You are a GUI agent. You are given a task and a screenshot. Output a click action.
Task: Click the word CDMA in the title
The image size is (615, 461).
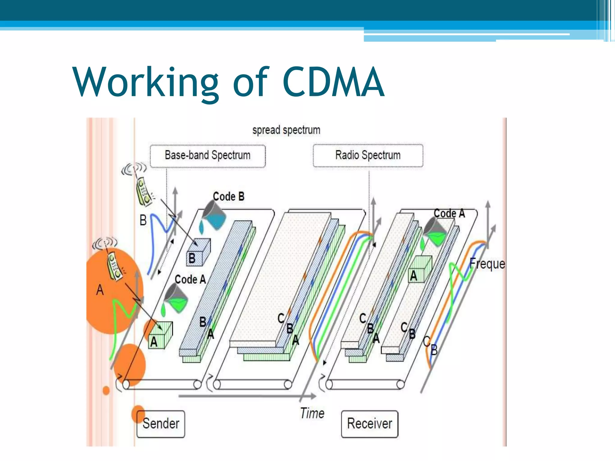click(333, 82)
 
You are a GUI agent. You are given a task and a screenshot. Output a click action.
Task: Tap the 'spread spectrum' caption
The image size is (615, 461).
click(286, 130)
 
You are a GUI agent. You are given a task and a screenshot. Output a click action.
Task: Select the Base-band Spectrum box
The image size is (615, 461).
click(208, 155)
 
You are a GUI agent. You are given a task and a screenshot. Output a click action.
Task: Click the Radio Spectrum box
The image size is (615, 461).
click(368, 155)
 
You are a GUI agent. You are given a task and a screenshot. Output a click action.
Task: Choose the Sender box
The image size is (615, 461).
click(161, 423)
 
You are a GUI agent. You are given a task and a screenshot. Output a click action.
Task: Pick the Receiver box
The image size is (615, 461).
click(369, 423)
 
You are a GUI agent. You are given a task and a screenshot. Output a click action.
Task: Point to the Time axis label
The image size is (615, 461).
click(312, 413)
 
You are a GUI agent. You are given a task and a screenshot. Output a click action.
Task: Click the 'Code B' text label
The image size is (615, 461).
click(229, 197)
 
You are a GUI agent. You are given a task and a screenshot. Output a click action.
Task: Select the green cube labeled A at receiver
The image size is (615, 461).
click(420, 269)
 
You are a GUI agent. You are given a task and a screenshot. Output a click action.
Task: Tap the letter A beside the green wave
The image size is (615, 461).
click(100, 290)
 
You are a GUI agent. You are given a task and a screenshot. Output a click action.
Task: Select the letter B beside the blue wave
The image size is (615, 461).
click(143, 220)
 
